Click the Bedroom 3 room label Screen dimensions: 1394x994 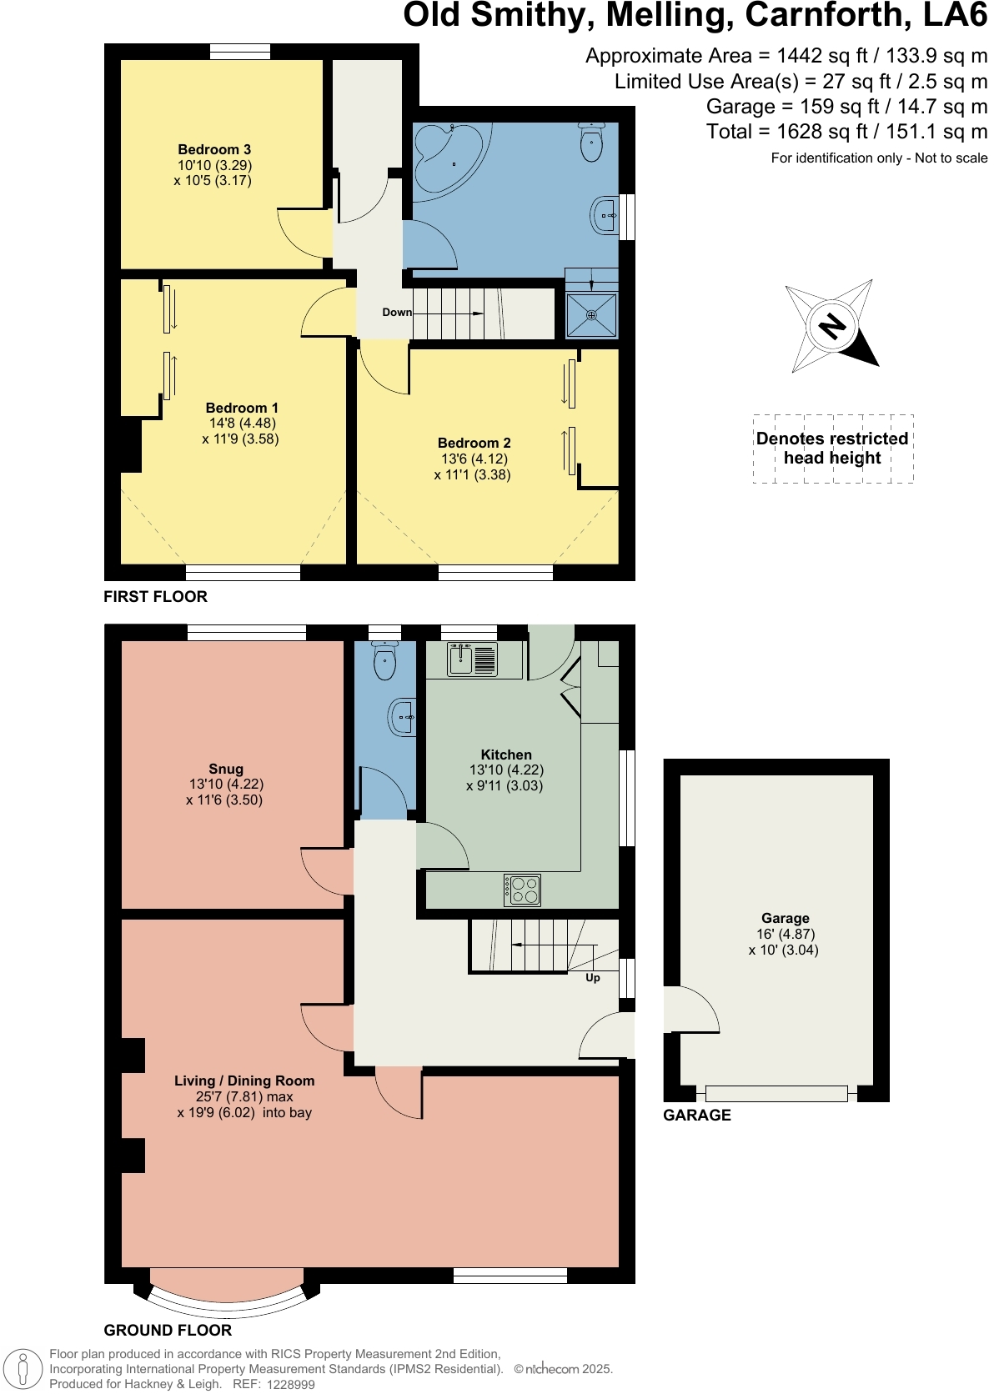pos(214,150)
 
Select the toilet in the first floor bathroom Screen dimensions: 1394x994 pos(591,142)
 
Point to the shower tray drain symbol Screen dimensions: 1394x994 pos(591,314)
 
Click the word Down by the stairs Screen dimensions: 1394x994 pos(397,313)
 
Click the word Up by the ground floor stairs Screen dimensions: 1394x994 pos(593,978)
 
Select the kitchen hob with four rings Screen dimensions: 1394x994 pos(523,890)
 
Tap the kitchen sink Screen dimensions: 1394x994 pos(472,659)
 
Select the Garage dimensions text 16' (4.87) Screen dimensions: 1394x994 pos(786,935)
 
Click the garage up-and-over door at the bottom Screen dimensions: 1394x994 pos(776,1093)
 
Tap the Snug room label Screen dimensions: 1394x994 pos(226,769)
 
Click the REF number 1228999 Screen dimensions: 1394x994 pos(291,1384)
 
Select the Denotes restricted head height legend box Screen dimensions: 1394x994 pos(832,449)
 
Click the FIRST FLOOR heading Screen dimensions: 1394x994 pos(155,596)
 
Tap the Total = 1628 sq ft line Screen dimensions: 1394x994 pos(846,132)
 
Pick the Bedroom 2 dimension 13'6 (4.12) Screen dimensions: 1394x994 pos(474,459)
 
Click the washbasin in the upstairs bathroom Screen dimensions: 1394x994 pos(605,216)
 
